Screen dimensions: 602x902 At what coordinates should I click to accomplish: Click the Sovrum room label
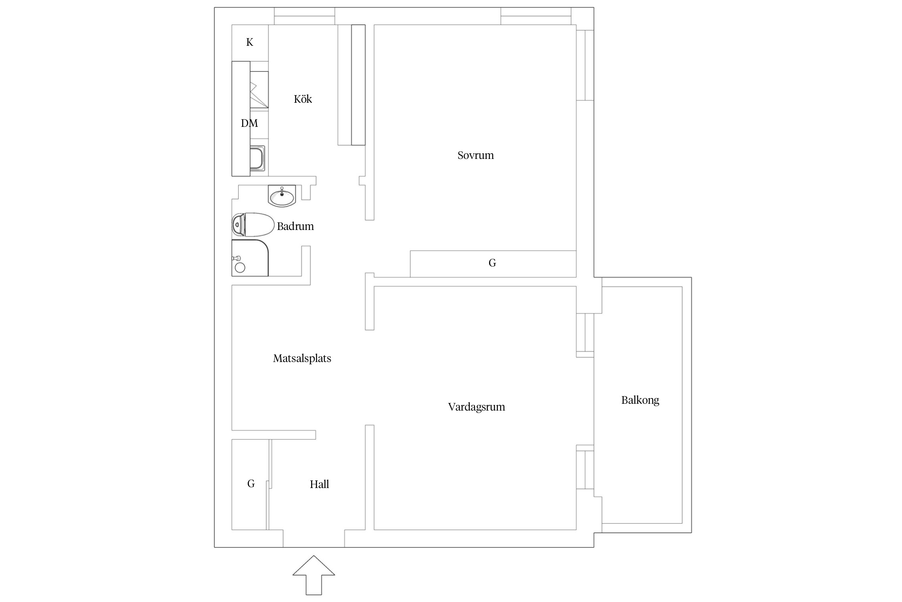(x=475, y=155)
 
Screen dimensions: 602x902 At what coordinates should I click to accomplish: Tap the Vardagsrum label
(x=476, y=407)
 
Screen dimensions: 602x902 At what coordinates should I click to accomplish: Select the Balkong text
(x=640, y=400)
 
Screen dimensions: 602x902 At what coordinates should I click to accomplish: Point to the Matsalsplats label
(x=302, y=358)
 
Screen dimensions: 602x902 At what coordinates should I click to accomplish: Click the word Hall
(x=319, y=484)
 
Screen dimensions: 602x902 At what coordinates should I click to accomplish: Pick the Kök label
(x=303, y=99)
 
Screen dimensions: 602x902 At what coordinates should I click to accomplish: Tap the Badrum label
(x=295, y=226)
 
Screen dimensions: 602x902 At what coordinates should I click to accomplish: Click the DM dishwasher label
(x=249, y=123)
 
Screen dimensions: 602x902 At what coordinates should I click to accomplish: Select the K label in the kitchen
(x=249, y=42)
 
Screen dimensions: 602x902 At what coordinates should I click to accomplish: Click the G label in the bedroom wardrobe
(x=492, y=263)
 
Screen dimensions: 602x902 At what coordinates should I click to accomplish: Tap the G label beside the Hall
(x=251, y=484)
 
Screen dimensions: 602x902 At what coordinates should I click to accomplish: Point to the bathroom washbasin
(x=282, y=197)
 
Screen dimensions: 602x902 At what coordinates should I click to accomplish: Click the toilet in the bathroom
(x=253, y=225)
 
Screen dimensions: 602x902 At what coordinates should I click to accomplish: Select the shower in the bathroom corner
(x=250, y=258)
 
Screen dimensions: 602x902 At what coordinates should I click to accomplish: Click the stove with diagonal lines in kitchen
(x=259, y=90)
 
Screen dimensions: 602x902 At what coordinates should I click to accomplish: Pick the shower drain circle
(x=240, y=268)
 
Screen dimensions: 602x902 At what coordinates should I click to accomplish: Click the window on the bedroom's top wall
(x=536, y=16)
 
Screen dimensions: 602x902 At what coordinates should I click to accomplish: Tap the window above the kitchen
(x=304, y=16)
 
